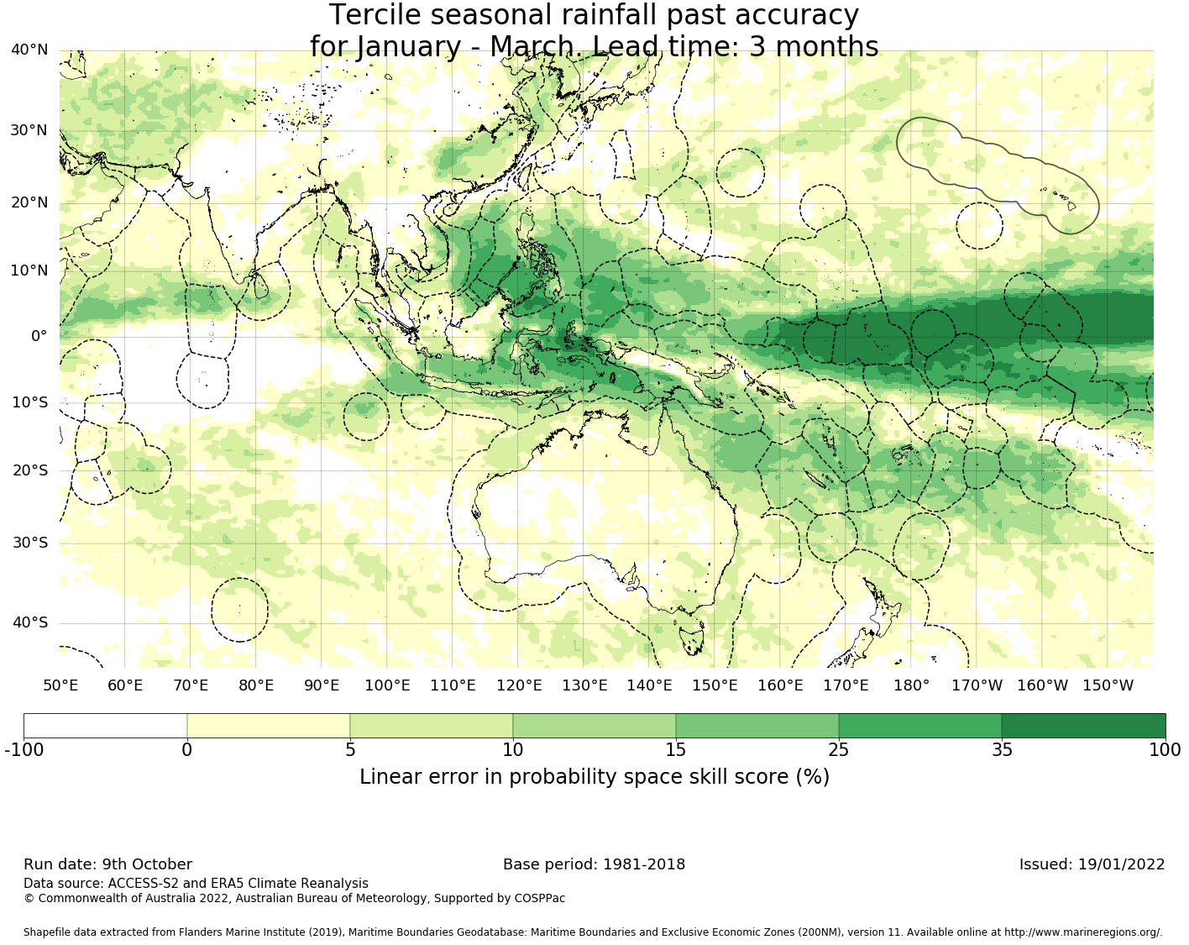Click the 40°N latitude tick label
(x=29, y=50)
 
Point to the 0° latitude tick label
(x=39, y=336)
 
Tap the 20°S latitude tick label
(x=29, y=470)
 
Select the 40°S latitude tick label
(x=29, y=622)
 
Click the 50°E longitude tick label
(x=60, y=685)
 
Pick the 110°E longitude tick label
(x=453, y=685)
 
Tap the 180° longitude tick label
(x=911, y=685)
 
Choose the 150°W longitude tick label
(x=1108, y=685)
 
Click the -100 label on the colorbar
(x=24, y=750)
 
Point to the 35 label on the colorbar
(x=1002, y=750)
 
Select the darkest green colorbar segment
(x=1083, y=726)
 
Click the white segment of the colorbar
(x=105, y=726)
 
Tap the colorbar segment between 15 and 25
(x=757, y=726)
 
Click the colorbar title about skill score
(x=594, y=777)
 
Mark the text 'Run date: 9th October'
(x=107, y=864)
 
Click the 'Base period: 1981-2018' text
(x=594, y=864)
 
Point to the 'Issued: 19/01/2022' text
(x=1092, y=864)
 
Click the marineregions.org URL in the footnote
(x=1082, y=932)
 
